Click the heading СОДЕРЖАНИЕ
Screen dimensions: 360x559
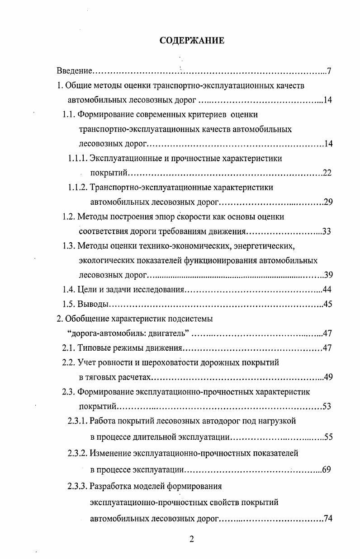(192, 41)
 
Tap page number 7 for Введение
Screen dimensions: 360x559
(330, 71)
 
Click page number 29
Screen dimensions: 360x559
(328, 202)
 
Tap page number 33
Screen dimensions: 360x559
(327, 231)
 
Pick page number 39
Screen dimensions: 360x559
(328, 275)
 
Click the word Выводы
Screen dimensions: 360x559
(91, 304)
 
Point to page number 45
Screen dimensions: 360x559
(328, 304)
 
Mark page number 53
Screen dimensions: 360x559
(327, 406)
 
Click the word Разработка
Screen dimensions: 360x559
(110, 487)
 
